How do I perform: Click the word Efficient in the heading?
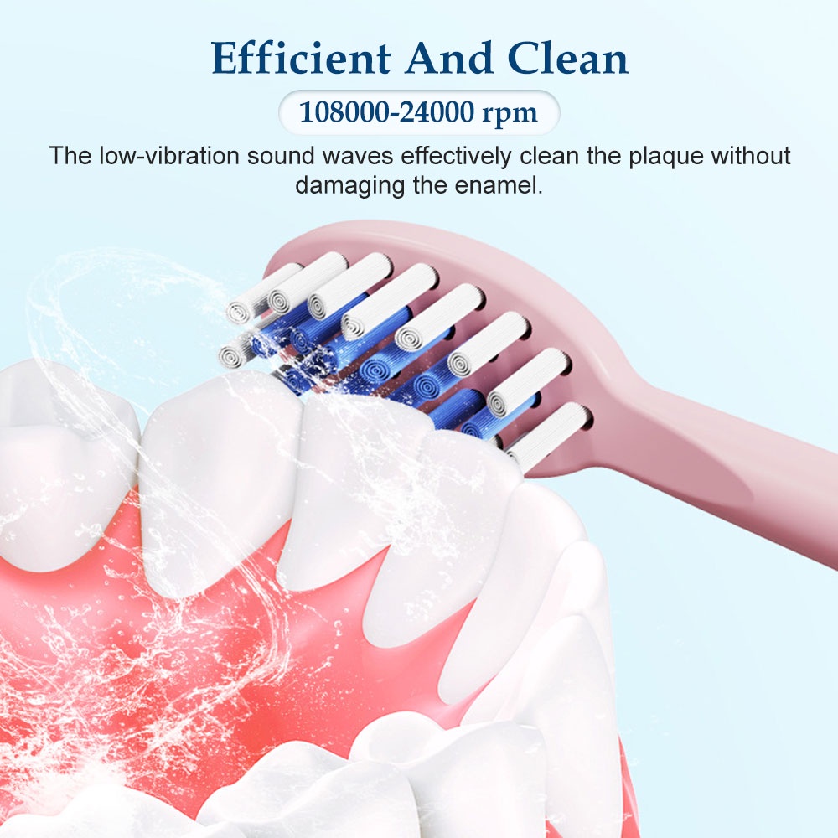pos(301,58)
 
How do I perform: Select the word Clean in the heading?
pos(567,58)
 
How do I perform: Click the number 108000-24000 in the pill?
pos(386,112)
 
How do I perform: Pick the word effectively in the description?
pos(456,156)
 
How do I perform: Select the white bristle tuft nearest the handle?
pos(550,436)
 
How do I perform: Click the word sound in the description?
pos(281,156)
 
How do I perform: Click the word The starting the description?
pos(70,156)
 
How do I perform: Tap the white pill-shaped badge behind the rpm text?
pos(419,112)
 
